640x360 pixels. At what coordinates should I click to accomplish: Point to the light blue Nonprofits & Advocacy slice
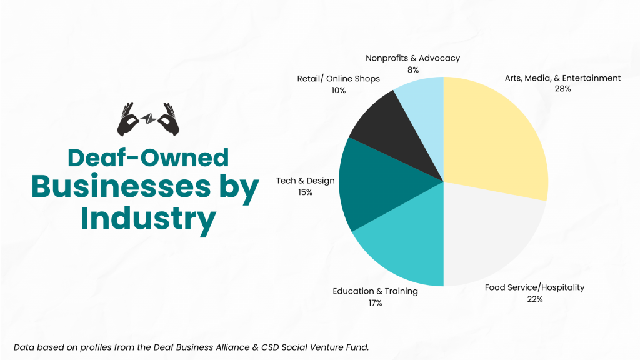(x=425, y=106)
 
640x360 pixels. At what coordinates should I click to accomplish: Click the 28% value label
(x=562, y=89)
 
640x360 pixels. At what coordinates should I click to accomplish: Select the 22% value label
(x=534, y=299)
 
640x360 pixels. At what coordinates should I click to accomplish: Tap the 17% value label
(x=375, y=302)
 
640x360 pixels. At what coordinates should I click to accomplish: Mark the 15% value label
(x=306, y=192)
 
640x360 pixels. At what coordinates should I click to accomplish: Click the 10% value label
(x=338, y=90)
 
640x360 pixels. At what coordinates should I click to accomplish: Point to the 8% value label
(x=412, y=69)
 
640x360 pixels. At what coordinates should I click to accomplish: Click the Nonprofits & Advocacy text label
(x=412, y=58)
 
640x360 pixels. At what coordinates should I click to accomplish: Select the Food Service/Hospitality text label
(x=534, y=287)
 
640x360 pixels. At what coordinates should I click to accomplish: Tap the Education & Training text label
(x=375, y=291)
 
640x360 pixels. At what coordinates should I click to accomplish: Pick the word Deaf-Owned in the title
(x=148, y=158)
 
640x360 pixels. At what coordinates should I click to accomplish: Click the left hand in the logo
(x=130, y=119)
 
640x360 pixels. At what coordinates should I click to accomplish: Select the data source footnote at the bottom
(x=191, y=346)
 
